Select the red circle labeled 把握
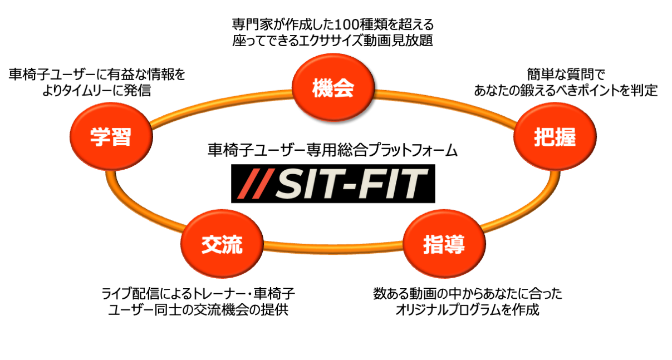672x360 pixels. (x=554, y=137)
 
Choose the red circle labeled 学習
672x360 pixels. (x=111, y=137)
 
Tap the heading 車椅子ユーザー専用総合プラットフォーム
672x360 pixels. (x=332, y=150)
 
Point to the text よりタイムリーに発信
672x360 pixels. (x=96, y=90)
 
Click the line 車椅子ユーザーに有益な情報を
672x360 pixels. (x=96, y=75)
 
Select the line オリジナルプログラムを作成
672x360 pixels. (x=468, y=310)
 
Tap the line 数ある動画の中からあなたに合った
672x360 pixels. (x=468, y=294)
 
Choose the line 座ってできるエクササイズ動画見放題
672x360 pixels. (x=332, y=41)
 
